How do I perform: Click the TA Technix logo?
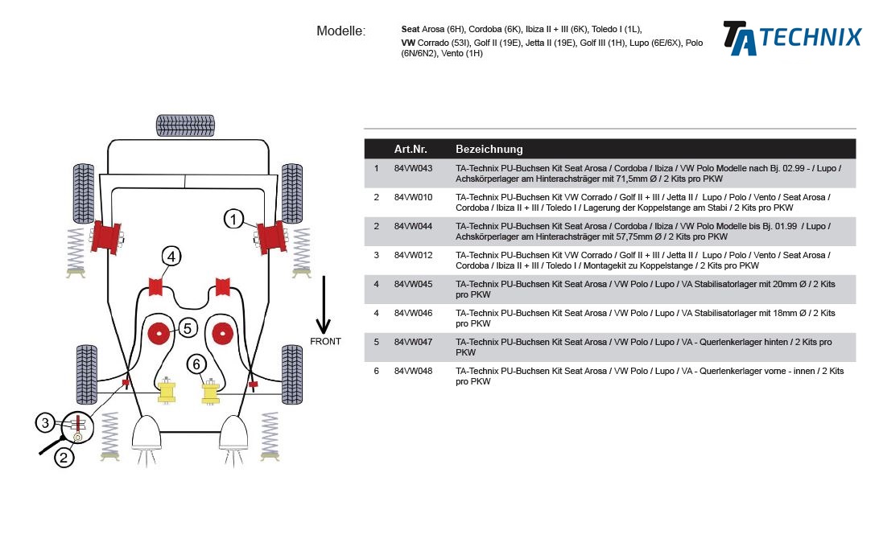click(x=791, y=38)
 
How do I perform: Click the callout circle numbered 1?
click(x=233, y=219)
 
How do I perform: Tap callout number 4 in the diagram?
click(x=171, y=257)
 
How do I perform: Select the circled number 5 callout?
click(x=187, y=327)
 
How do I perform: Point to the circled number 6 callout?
click(x=196, y=364)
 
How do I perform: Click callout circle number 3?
click(x=46, y=423)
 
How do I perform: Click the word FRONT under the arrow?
click(x=325, y=342)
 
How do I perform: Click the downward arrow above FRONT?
click(x=324, y=305)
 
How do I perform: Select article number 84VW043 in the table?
click(x=413, y=169)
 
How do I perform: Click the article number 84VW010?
click(x=413, y=197)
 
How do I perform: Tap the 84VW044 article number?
click(x=413, y=226)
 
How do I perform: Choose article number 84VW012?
click(x=413, y=255)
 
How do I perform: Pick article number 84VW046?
click(x=413, y=313)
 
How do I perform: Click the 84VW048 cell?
click(x=413, y=371)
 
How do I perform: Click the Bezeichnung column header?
click(x=489, y=149)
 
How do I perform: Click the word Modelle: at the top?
click(x=340, y=31)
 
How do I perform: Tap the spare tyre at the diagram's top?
click(x=186, y=125)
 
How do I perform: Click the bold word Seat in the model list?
click(x=410, y=28)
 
